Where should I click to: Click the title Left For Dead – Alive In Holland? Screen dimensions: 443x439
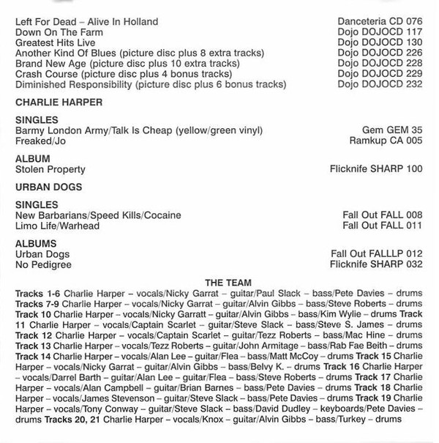pyautogui.click(x=86, y=22)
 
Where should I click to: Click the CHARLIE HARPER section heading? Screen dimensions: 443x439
pyautogui.click(x=59, y=102)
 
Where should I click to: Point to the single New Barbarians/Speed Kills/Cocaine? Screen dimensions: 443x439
pyautogui.click(x=98, y=215)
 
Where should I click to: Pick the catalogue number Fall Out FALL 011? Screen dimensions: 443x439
pyautogui.click(x=383, y=226)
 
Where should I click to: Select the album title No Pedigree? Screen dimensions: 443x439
pyautogui.click(x=43, y=264)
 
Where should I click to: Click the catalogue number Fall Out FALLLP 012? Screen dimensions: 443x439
pyautogui.click(x=377, y=254)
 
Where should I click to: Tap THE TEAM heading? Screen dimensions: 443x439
pyautogui.click(x=228, y=283)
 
